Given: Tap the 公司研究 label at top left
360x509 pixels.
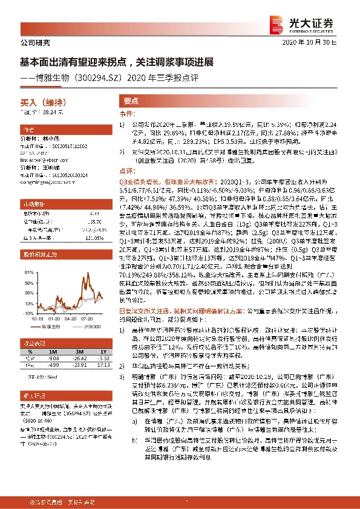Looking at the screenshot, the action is (31, 43).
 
